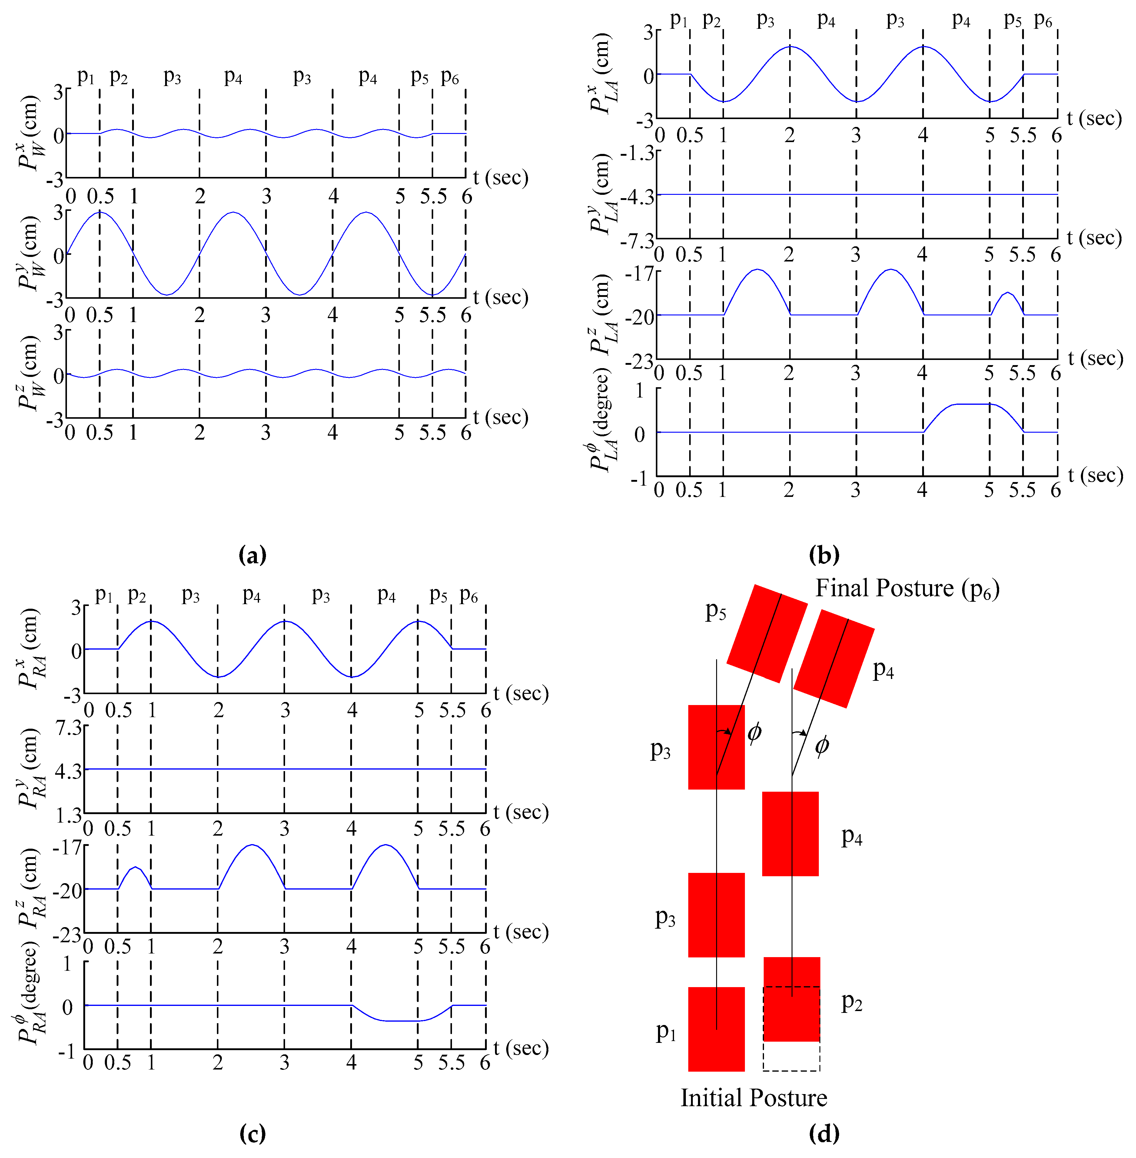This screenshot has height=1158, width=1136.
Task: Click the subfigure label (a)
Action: click(x=252, y=555)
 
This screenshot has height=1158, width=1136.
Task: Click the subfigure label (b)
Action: click(x=824, y=555)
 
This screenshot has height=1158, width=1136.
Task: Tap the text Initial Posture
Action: click(x=754, y=1098)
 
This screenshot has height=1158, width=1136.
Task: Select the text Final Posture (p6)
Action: click(x=907, y=588)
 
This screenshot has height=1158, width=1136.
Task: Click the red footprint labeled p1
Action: click(x=716, y=1029)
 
